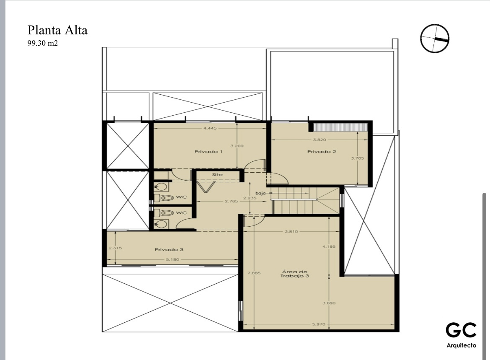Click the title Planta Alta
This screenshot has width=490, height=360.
(x=57, y=30)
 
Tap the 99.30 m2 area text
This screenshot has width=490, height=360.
(x=42, y=43)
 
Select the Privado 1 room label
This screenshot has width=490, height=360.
(x=209, y=152)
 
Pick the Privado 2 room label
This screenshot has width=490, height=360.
(x=322, y=152)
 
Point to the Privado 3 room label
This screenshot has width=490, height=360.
(x=169, y=249)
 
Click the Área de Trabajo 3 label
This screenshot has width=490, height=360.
(x=294, y=274)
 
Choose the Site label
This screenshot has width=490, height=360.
(x=217, y=174)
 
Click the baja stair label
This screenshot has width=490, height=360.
(x=260, y=193)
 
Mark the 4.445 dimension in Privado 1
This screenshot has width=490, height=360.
(x=210, y=128)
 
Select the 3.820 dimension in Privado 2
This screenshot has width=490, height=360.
(x=320, y=140)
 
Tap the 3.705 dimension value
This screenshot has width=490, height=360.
(x=357, y=158)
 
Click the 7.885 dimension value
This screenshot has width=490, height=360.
(x=254, y=273)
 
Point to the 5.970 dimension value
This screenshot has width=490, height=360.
(x=318, y=324)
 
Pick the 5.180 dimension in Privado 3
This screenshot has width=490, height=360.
(x=172, y=259)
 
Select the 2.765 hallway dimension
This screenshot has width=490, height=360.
(x=231, y=201)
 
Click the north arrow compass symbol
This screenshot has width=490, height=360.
(x=434, y=39)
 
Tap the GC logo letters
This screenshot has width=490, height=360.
(x=461, y=330)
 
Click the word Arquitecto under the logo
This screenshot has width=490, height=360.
(x=461, y=345)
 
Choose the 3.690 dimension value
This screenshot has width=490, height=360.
(x=329, y=303)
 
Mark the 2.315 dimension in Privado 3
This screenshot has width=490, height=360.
(x=115, y=248)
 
